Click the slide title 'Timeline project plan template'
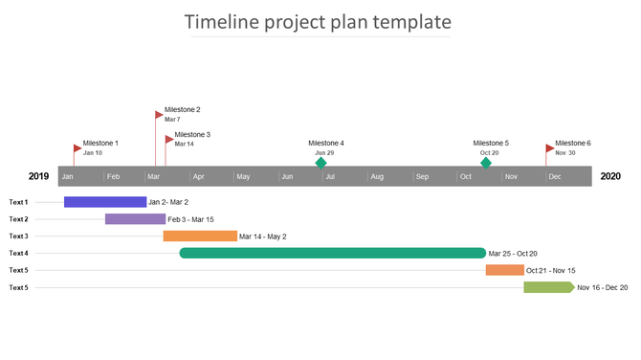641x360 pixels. pos(319,22)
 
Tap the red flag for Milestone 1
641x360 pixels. pos(77,148)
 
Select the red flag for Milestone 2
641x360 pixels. pos(159,115)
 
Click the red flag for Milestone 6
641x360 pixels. pos(549,148)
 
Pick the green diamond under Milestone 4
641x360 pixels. pos(321,163)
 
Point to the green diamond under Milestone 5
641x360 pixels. pos(486,163)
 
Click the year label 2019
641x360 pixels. pos(38,176)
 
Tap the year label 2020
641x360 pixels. pos(610,176)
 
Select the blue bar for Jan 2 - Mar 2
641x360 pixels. pos(105,202)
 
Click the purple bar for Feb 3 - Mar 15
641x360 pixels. pos(135,219)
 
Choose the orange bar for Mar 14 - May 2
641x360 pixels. pos(200,236)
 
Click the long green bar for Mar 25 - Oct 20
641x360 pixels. pos(332,253)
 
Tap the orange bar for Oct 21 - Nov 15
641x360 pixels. pos(504,270)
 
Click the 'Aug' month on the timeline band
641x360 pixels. pos(377,177)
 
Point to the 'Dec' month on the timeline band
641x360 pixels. pos(555,177)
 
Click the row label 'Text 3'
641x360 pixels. pos(18,236)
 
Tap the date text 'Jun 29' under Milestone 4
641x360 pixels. pos(324,153)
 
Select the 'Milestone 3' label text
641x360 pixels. pos(192,135)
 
